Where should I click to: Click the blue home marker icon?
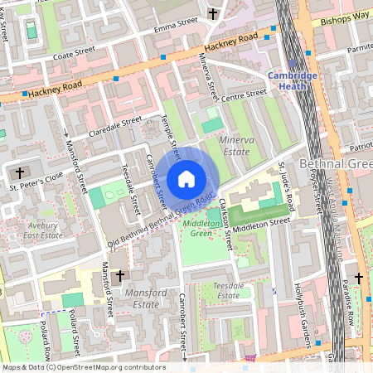point(186,179)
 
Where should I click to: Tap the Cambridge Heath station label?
point(292,81)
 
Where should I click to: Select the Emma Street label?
point(176,25)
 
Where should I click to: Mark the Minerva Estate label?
point(235,147)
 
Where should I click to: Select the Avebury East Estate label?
point(41,230)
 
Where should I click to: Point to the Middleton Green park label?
point(198,228)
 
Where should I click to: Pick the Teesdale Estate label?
point(227,290)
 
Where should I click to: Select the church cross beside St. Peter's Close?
point(20,172)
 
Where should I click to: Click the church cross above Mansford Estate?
point(119,274)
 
